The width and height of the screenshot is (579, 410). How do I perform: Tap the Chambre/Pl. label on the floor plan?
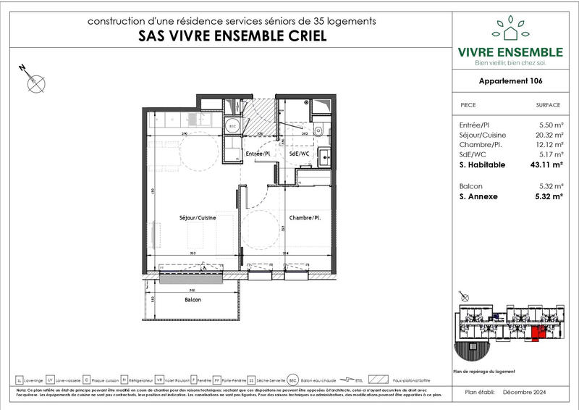[x=305, y=217]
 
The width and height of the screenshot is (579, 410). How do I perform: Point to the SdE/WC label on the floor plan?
[x=299, y=154]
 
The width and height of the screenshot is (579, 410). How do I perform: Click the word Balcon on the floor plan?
[x=192, y=300]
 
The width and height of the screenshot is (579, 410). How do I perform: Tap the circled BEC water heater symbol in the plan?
[x=233, y=125]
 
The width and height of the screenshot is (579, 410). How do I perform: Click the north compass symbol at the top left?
[x=33, y=81]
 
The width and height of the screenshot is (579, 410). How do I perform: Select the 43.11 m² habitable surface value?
[x=547, y=165]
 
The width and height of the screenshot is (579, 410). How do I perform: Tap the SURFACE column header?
[x=548, y=105]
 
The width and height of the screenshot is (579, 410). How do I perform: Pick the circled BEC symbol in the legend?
[x=292, y=379]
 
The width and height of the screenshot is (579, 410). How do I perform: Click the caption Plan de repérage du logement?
[x=483, y=371]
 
